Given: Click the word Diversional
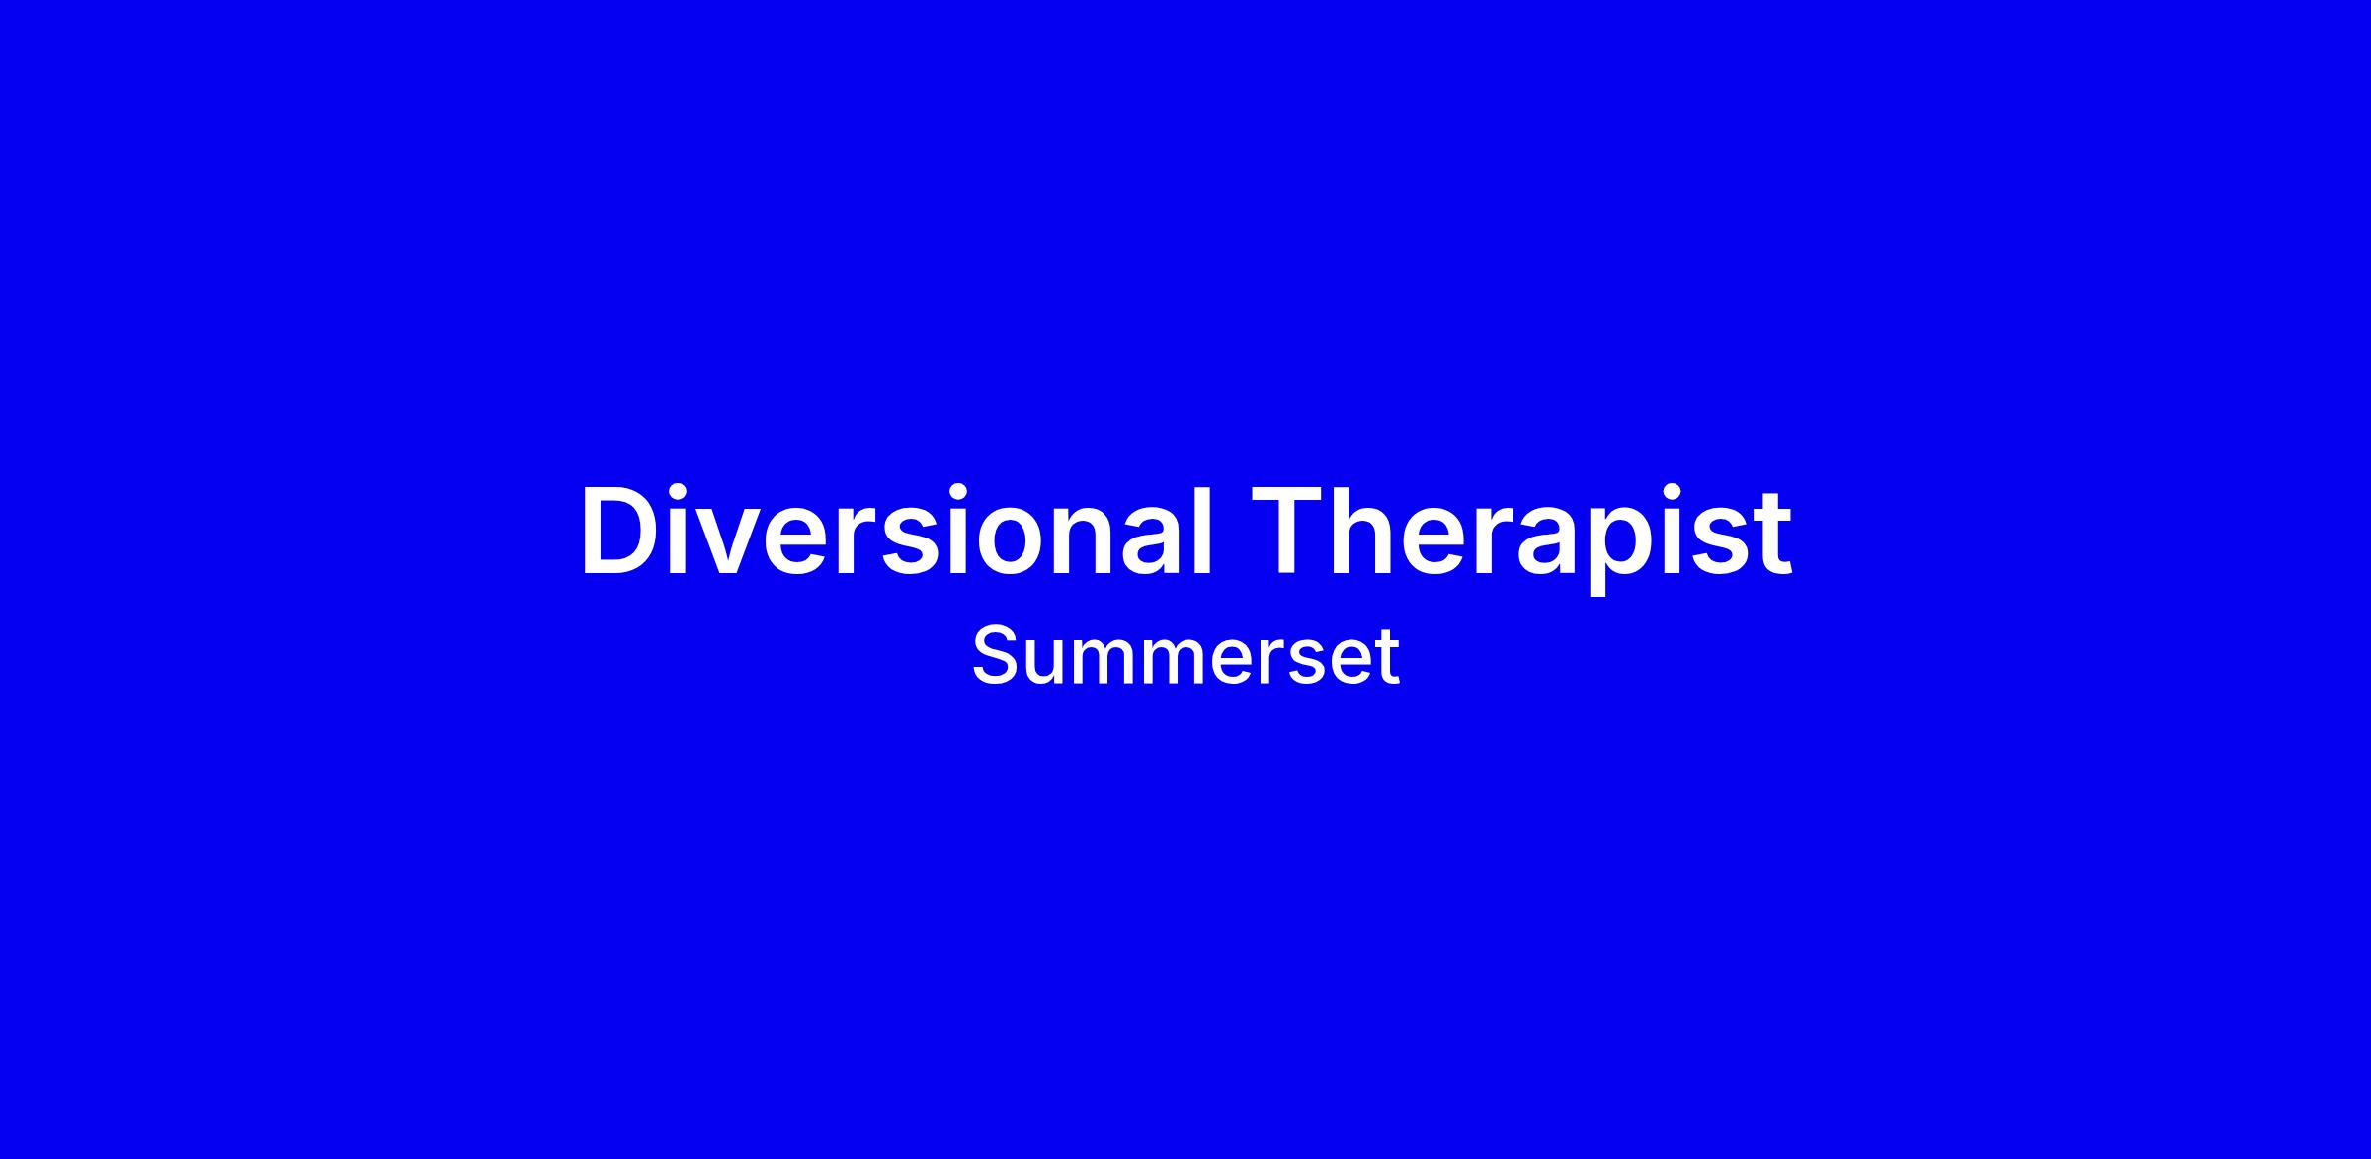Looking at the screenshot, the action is click(x=895, y=530).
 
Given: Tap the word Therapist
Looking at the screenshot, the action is click(x=1520, y=538).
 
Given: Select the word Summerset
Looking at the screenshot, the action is click(x=1185, y=655).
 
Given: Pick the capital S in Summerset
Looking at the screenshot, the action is click(x=995, y=655).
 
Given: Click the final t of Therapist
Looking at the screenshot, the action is click(x=1771, y=535).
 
